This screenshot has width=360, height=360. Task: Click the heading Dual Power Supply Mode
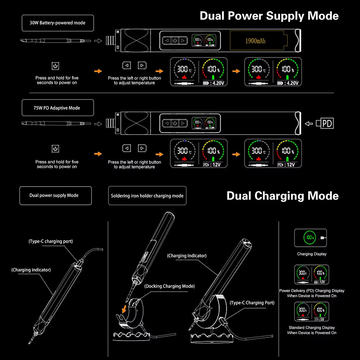pos(269,16)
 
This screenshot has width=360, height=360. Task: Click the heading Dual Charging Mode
pos(282,196)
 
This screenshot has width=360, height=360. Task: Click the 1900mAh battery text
pos(255,41)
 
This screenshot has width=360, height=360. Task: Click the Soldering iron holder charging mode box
pos(147,195)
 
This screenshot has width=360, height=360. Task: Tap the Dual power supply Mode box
pos(55,195)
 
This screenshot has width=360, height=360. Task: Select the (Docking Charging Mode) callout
pos(169,286)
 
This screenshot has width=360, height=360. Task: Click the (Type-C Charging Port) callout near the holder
pos(252,303)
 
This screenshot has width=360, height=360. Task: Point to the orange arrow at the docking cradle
pos(124,309)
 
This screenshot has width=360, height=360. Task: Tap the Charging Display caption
pos(312,254)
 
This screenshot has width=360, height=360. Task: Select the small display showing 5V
pos(312,312)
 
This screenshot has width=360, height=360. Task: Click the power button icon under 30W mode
pos(55,66)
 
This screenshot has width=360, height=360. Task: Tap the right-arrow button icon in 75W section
pos(142,148)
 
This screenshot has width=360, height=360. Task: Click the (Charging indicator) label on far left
pos(31,269)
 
